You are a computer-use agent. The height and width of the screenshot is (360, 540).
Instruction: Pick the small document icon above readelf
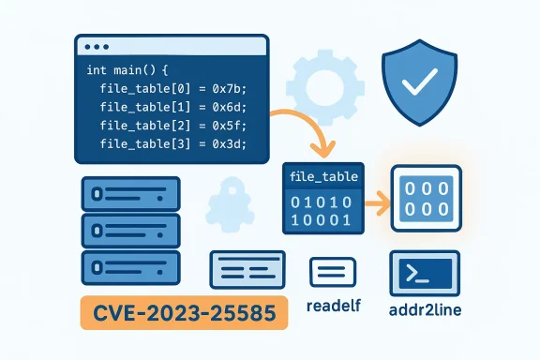click(334, 273)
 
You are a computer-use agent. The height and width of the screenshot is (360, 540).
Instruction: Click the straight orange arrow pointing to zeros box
click(376, 200)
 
